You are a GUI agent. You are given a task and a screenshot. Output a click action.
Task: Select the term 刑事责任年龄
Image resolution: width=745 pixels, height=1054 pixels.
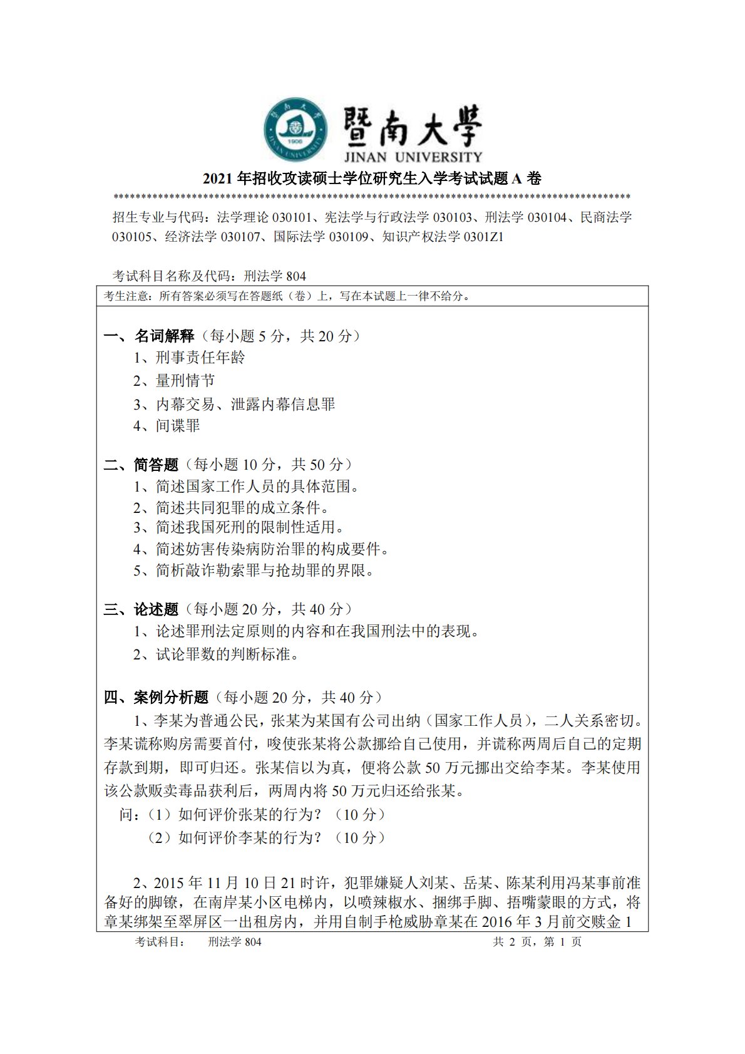tap(200, 358)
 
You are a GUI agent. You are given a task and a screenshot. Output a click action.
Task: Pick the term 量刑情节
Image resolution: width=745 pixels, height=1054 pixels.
tap(185, 381)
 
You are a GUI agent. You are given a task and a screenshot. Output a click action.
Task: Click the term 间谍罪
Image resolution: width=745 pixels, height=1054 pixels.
tap(178, 426)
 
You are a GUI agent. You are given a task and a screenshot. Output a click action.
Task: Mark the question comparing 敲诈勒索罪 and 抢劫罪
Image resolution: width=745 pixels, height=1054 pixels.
tap(263, 571)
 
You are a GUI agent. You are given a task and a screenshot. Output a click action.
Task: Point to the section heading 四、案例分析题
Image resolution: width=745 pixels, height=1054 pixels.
tap(157, 698)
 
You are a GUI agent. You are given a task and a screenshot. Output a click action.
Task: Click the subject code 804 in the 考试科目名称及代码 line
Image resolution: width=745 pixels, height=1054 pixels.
tap(295, 276)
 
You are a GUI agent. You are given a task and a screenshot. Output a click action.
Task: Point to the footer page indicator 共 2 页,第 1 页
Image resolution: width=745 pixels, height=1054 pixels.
tap(537, 942)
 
